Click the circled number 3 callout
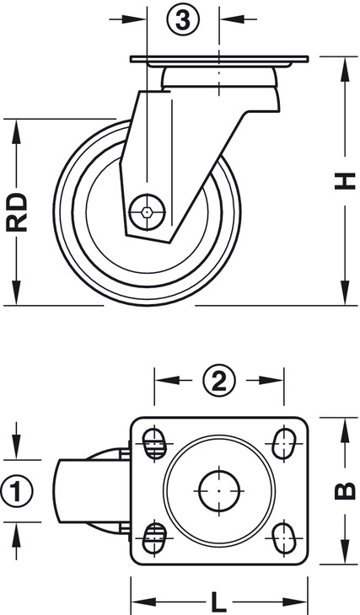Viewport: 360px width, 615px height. click(x=183, y=19)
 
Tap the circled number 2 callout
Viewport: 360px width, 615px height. click(x=219, y=381)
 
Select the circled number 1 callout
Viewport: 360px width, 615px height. click(x=16, y=490)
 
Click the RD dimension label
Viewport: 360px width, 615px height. click(x=17, y=212)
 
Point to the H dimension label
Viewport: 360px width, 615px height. click(x=345, y=181)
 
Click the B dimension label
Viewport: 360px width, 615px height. click(x=345, y=491)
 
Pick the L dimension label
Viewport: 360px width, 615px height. click(x=219, y=600)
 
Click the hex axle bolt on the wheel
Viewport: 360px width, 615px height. click(x=148, y=212)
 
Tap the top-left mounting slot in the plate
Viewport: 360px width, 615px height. click(x=154, y=444)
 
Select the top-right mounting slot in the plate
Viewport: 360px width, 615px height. click(x=284, y=444)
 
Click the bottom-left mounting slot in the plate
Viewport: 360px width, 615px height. click(x=154, y=537)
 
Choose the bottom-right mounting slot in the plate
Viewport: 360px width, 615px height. click(x=284, y=537)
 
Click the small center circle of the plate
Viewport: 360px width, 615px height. click(x=219, y=490)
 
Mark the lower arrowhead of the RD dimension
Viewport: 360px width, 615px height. click(x=17, y=292)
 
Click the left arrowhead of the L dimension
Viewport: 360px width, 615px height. click(x=143, y=602)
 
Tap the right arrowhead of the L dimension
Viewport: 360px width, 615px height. click(x=295, y=602)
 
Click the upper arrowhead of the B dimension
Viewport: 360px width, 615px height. click(x=345, y=430)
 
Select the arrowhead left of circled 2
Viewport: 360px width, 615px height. click(x=168, y=380)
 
